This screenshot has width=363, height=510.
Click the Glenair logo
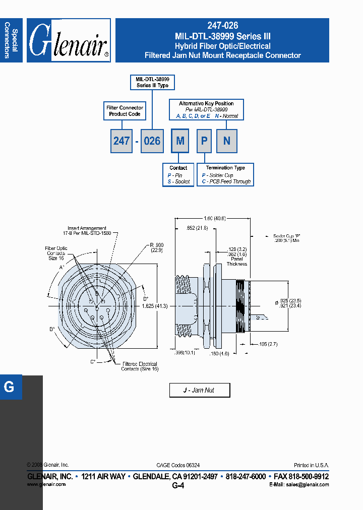(69, 41)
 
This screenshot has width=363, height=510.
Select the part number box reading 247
(122, 141)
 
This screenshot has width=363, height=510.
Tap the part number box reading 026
(152, 141)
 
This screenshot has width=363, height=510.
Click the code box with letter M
(180, 141)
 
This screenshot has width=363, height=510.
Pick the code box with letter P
(204, 141)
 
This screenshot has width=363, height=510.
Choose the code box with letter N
(227, 141)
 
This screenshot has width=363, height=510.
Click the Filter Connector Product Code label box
(125, 111)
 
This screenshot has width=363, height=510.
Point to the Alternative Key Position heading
(206, 103)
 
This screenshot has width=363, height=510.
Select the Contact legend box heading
(178, 168)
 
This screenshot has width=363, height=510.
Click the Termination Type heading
(225, 168)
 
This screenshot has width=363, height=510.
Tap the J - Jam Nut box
(199, 390)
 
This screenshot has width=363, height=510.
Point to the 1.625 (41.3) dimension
(154, 306)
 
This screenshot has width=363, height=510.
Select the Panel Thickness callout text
(236, 261)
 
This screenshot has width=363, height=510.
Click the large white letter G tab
(9, 387)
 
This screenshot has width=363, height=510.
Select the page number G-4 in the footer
(178, 486)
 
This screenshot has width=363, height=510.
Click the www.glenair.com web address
(46, 484)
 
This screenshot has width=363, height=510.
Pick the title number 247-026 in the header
(222, 25)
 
